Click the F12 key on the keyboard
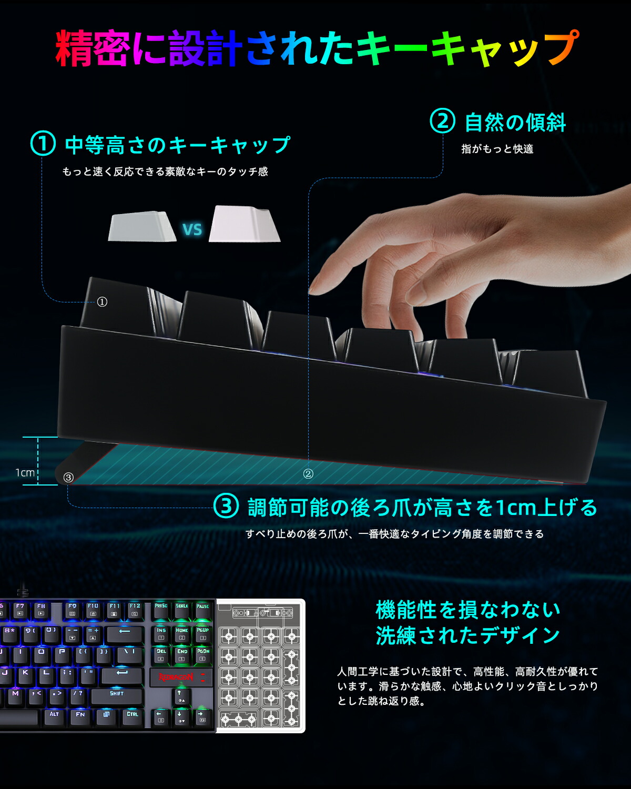pos(135,610)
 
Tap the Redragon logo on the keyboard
pos(176,677)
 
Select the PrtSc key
pos(161,609)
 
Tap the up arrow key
pos(180,696)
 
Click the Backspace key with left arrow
pos(125,633)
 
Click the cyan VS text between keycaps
pos(192,230)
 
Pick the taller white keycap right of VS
pos(244,224)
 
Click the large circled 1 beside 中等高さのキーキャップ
pos(43,144)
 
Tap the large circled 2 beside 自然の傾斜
pos(442,121)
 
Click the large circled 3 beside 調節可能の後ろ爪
pos(226,507)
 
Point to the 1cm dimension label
pos(25,473)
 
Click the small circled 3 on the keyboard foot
pos(68,478)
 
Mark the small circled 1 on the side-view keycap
pos(102,302)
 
